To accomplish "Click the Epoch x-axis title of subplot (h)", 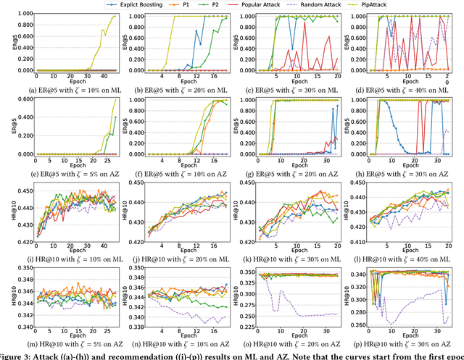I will pos(407,165).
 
